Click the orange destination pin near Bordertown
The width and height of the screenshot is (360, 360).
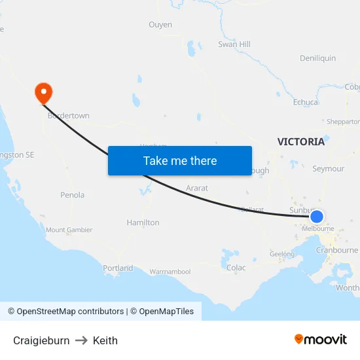[x=43, y=92]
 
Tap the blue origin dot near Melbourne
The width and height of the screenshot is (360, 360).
[x=316, y=217]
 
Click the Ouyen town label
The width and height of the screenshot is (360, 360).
[x=160, y=25]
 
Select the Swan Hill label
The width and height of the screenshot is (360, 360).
[x=234, y=45]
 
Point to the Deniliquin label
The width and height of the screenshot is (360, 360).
[x=317, y=58]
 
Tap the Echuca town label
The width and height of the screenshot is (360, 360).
[x=306, y=102]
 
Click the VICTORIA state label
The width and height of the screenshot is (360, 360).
[x=300, y=141]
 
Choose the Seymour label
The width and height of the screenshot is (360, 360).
[x=328, y=169]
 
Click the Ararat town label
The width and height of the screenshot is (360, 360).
[x=197, y=189]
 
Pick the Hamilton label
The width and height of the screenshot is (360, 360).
[x=143, y=223]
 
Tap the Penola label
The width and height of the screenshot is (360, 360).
[x=72, y=195]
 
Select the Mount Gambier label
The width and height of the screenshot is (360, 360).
[x=69, y=230]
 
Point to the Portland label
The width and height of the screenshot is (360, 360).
[x=118, y=268]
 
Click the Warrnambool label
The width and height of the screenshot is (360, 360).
[x=170, y=272]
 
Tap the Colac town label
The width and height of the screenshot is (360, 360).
[x=236, y=268]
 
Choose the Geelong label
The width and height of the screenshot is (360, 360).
[x=281, y=254]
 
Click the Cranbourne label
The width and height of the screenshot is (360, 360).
[x=337, y=250]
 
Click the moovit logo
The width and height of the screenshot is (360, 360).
[x=321, y=340]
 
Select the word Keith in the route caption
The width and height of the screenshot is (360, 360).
[x=105, y=340]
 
